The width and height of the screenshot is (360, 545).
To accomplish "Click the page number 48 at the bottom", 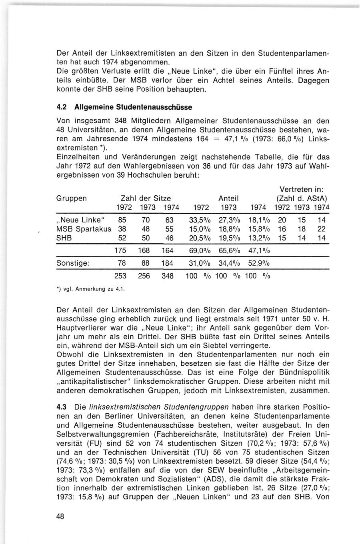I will (61, 516).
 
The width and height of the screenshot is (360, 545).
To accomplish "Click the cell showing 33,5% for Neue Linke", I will (200, 220).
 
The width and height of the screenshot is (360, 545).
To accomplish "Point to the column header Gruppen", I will (72, 198).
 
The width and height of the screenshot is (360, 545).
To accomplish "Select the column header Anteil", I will (229, 198).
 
